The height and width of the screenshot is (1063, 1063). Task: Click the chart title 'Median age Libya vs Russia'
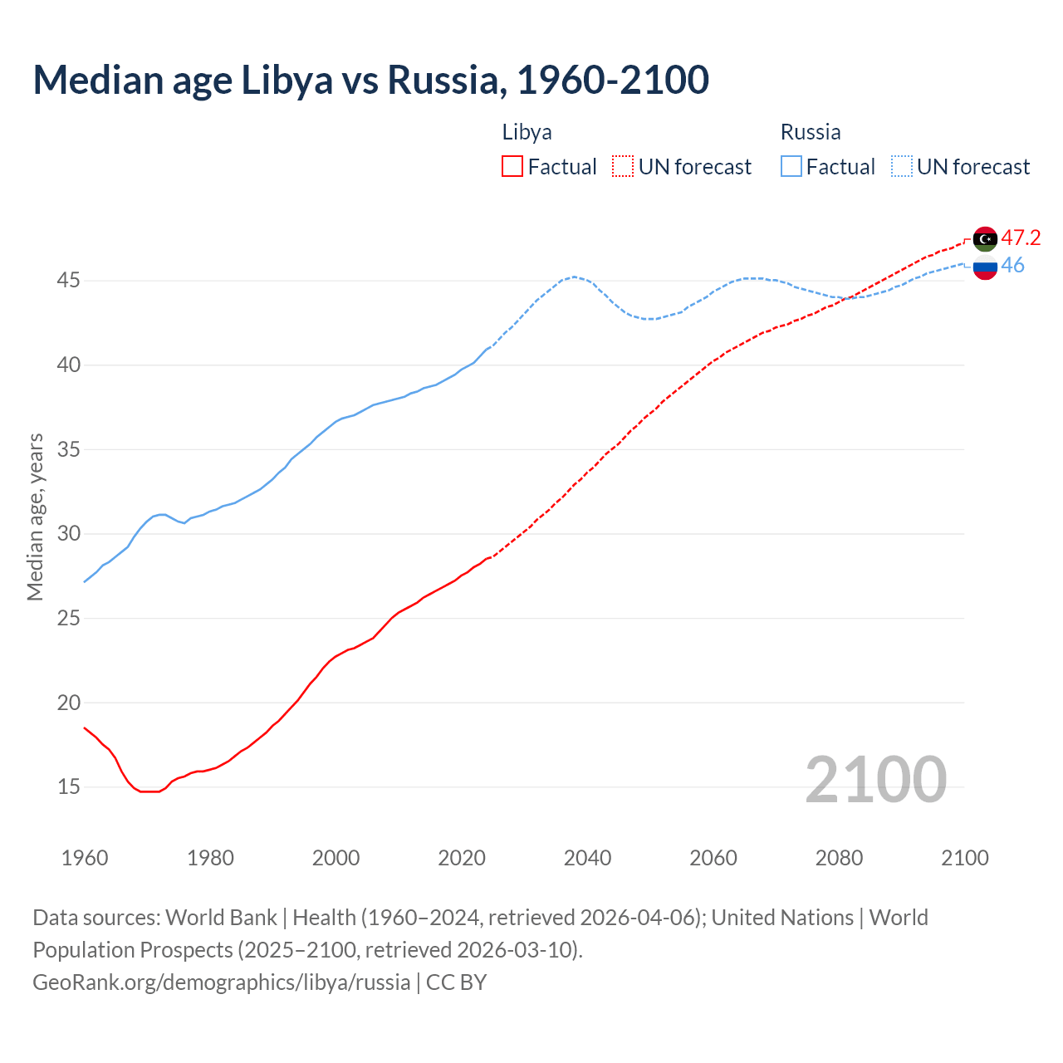point(370,80)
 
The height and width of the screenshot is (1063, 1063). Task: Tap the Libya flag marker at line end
point(985,239)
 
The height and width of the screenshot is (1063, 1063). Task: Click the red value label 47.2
point(1021,238)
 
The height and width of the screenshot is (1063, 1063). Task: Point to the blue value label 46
point(1012,266)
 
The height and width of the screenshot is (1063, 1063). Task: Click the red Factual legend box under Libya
point(512,167)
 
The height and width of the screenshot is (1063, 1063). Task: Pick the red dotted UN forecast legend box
point(623,167)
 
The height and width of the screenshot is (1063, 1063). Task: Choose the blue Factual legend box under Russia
point(791,167)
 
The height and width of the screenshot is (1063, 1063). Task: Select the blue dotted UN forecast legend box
point(902,167)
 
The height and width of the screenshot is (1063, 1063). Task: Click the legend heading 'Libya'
point(527,132)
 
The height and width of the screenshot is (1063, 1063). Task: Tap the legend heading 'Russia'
point(811,132)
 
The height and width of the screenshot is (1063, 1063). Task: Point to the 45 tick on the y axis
point(68,281)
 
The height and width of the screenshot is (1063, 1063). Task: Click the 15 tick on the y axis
point(68,786)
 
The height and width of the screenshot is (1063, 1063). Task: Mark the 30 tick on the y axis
point(68,533)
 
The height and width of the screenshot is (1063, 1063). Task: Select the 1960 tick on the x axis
point(85,858)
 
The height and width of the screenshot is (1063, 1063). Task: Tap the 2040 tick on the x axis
point(587,858)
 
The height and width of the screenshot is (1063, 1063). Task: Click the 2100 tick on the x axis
point(964,858)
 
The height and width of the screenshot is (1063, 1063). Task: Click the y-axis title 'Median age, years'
point(35,517)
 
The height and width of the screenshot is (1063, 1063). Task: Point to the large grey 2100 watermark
point(875,780)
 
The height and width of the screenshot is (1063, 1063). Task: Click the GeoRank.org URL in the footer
point(221,982)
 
